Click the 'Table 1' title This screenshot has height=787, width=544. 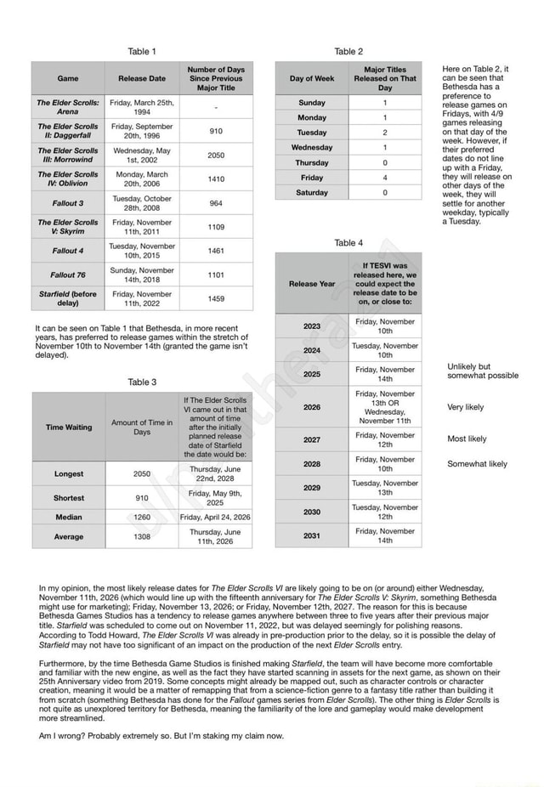(142, 52)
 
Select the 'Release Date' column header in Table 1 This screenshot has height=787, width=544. (142, 78)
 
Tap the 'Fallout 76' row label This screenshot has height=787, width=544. (68, 275)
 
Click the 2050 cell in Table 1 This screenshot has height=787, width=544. (216, 156)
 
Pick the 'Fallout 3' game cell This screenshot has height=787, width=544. (68, 203)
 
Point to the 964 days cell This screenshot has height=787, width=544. (216, 203)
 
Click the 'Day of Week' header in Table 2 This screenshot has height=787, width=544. (312, 78)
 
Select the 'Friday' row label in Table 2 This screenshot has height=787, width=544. (312, 178)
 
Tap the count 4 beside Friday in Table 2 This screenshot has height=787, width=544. (385, 178)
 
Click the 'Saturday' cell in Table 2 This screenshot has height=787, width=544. (312, 193)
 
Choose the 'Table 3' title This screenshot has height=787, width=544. (142, 382)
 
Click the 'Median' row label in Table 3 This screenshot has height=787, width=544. (69, 517)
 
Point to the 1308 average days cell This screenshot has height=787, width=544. (142, 536)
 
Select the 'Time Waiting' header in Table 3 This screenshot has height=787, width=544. (69, 427)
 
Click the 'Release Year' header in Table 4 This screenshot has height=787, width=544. (312, 283)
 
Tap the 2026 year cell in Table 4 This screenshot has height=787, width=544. (312, 407)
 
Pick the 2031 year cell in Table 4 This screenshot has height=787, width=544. (312, 535)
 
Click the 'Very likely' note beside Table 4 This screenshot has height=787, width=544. (466, 407)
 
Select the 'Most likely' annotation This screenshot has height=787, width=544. (467, 439)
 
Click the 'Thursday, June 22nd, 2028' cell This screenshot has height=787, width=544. (215, 473)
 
